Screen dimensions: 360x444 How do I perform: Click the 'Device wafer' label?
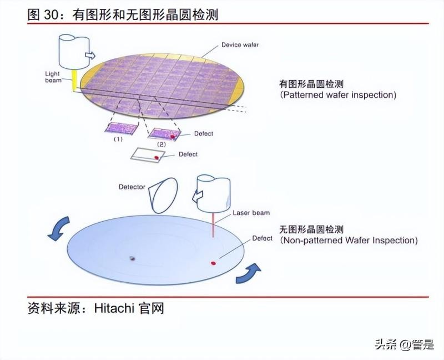pyautogui.click(x=240, y=44)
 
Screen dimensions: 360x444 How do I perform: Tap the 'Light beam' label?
pyautogui.click(x=53, y=77)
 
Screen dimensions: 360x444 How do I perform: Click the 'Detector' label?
pyautogui.click(x=132, y=187)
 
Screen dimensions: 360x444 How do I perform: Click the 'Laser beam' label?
pyautogui.click(x=251, y=213)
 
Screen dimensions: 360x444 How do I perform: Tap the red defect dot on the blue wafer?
pyautogui.click(x=212, y=262)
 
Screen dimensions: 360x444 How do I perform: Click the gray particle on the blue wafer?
pyautogui.click(x=133, y=258)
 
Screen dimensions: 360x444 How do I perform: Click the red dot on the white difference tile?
pyautogui.click(x=157, y=158)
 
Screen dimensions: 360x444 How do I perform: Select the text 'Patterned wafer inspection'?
pyautogui.click(x=338, y=95)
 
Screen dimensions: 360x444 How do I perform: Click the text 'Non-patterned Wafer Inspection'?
pyautogui.click(x=349, y=241)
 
